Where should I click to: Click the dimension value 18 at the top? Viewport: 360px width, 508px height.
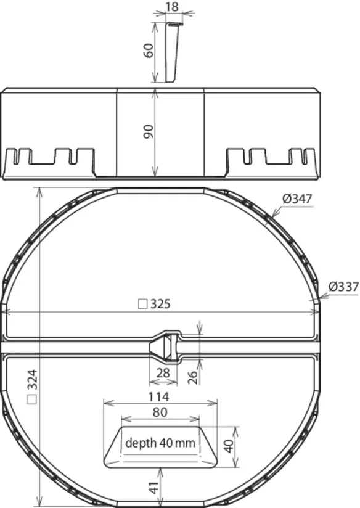[172, 7]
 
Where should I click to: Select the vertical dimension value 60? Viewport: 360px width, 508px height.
[149, 51]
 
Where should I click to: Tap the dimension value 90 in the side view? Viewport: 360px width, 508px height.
[149, 131]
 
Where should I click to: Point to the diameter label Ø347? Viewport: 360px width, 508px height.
[297, 199]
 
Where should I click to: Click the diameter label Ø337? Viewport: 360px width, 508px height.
[343, 287]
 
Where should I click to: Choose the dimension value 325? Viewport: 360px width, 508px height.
[160, 304]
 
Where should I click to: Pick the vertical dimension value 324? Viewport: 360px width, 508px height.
[33, 379]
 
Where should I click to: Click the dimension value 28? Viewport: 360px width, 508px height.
[163, 373]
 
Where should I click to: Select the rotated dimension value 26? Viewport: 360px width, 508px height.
[193, 377]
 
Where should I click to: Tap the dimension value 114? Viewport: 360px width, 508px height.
[159, 396]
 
